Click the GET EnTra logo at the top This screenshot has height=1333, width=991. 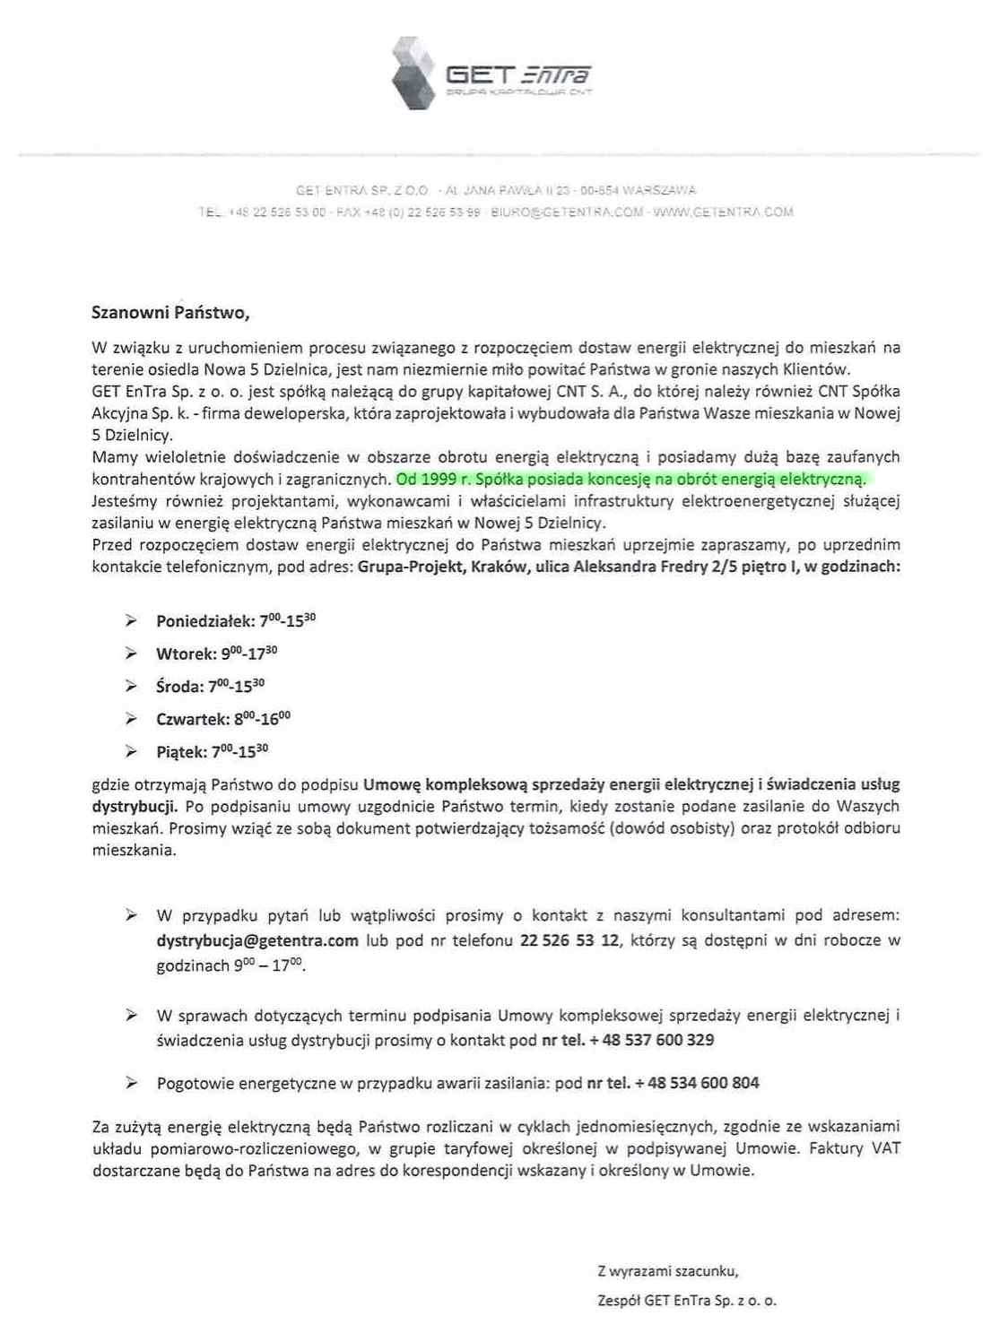pos(491,74)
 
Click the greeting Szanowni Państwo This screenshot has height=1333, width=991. pos(170,313)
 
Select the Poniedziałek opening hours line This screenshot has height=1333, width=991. pos(235,620)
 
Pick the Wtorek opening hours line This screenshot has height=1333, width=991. pos(216,654)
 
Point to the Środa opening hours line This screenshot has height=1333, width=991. pos(210,687)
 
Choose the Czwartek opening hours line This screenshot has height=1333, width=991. pos(222,719)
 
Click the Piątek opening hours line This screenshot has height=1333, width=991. pos(212,751)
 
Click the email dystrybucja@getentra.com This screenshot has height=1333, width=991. pos(257,941)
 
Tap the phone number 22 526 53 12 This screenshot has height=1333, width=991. pos(569,941)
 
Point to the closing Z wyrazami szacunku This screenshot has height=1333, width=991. pos(668,1271)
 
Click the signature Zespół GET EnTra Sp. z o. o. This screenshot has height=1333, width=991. pos(687,1301)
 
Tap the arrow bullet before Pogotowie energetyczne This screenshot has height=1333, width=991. pos(131,1083)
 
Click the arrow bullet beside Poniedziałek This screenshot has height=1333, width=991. pos(131,620)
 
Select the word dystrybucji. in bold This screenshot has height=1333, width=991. pos(135,806)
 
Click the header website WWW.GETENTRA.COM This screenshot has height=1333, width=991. pos(723,212)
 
